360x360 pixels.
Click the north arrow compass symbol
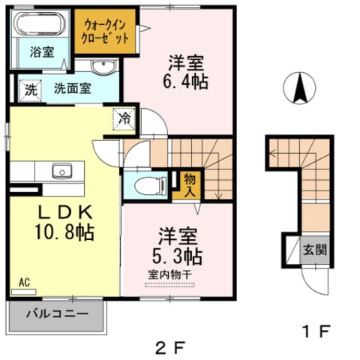pyautogui.click(x=301, y=89)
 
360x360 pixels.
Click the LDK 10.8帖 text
pyautogui.click(x=64, y=223)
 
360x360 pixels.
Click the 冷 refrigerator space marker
pyautogui.click(x=124, y=118)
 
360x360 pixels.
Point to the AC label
pyautogui.click(x=24, y=283)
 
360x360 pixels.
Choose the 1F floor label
pyautogui.click(x=313, y=330)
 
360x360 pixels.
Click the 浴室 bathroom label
pyautogui.click(x=40, y=53)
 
